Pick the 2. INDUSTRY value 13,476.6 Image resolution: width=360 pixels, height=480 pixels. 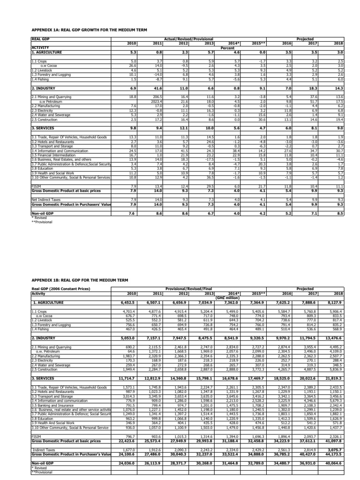click(334, 337)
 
